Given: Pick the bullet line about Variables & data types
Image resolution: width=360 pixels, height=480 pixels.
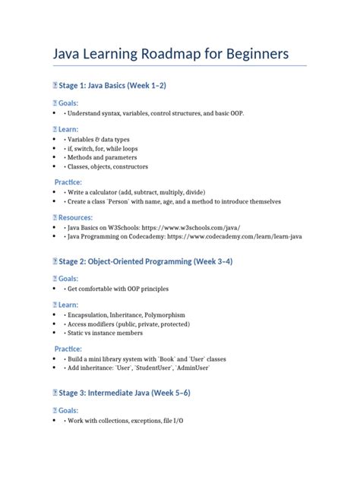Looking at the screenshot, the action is click(x=98, y=140).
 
